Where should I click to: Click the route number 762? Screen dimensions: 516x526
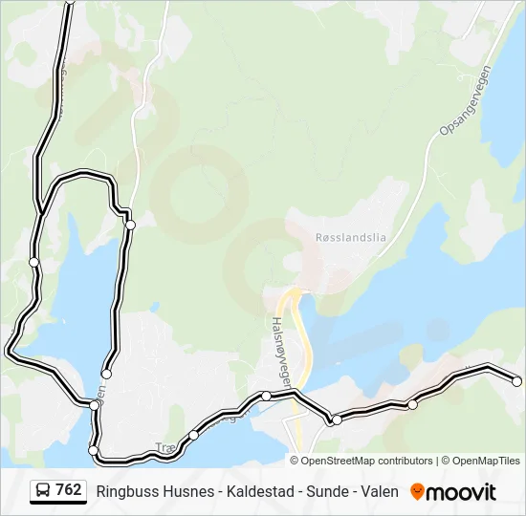[x=68, y=490]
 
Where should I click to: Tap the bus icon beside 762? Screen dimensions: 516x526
[x=43, y=491]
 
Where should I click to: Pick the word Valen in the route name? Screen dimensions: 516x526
[x=380, y=491]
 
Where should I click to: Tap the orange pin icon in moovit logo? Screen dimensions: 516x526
[x=417, y=492]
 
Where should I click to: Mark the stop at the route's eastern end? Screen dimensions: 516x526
[x=517, y=381]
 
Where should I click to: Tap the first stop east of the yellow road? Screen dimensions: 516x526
[x=337, y=419]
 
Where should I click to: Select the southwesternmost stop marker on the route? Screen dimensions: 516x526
[x=94, y=450]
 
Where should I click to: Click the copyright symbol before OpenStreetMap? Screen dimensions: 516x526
[x=296, y=461]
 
